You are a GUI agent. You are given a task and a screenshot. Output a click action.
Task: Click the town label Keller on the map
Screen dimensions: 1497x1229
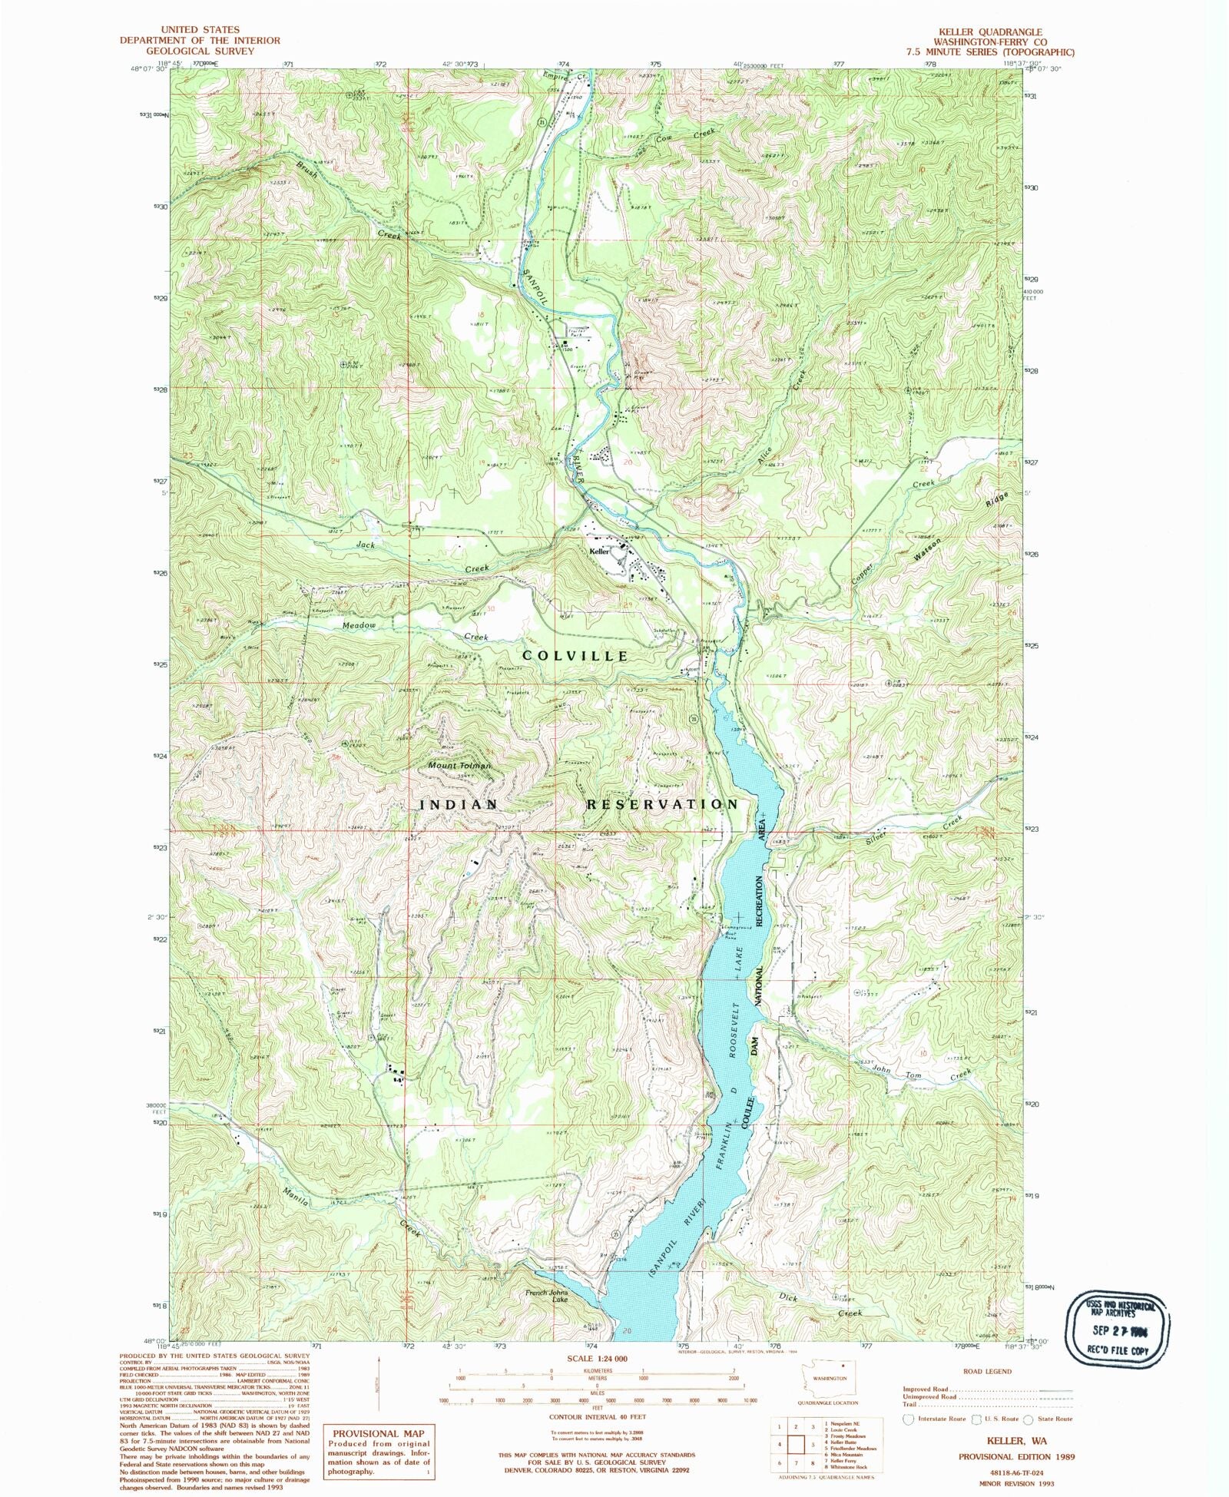point(599,551)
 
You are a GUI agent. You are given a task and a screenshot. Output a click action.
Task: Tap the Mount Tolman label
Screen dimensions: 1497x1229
point(459,766)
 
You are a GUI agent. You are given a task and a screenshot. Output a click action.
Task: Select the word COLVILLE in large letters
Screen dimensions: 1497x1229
point(575,656)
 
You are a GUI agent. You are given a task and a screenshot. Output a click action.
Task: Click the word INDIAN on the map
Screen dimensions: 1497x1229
point(459,804)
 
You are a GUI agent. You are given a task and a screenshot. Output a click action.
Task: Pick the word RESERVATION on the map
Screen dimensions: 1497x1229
point(662,804)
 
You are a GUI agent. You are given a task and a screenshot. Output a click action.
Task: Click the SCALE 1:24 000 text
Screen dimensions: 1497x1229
point(596,1359)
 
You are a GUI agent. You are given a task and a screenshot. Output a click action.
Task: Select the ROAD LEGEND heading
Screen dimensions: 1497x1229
point(987,1371)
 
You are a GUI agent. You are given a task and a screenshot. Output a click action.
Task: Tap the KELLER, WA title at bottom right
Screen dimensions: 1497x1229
point(1016,1441)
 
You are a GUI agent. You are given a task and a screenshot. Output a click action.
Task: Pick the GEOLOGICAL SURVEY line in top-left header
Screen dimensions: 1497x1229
point(200,51)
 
